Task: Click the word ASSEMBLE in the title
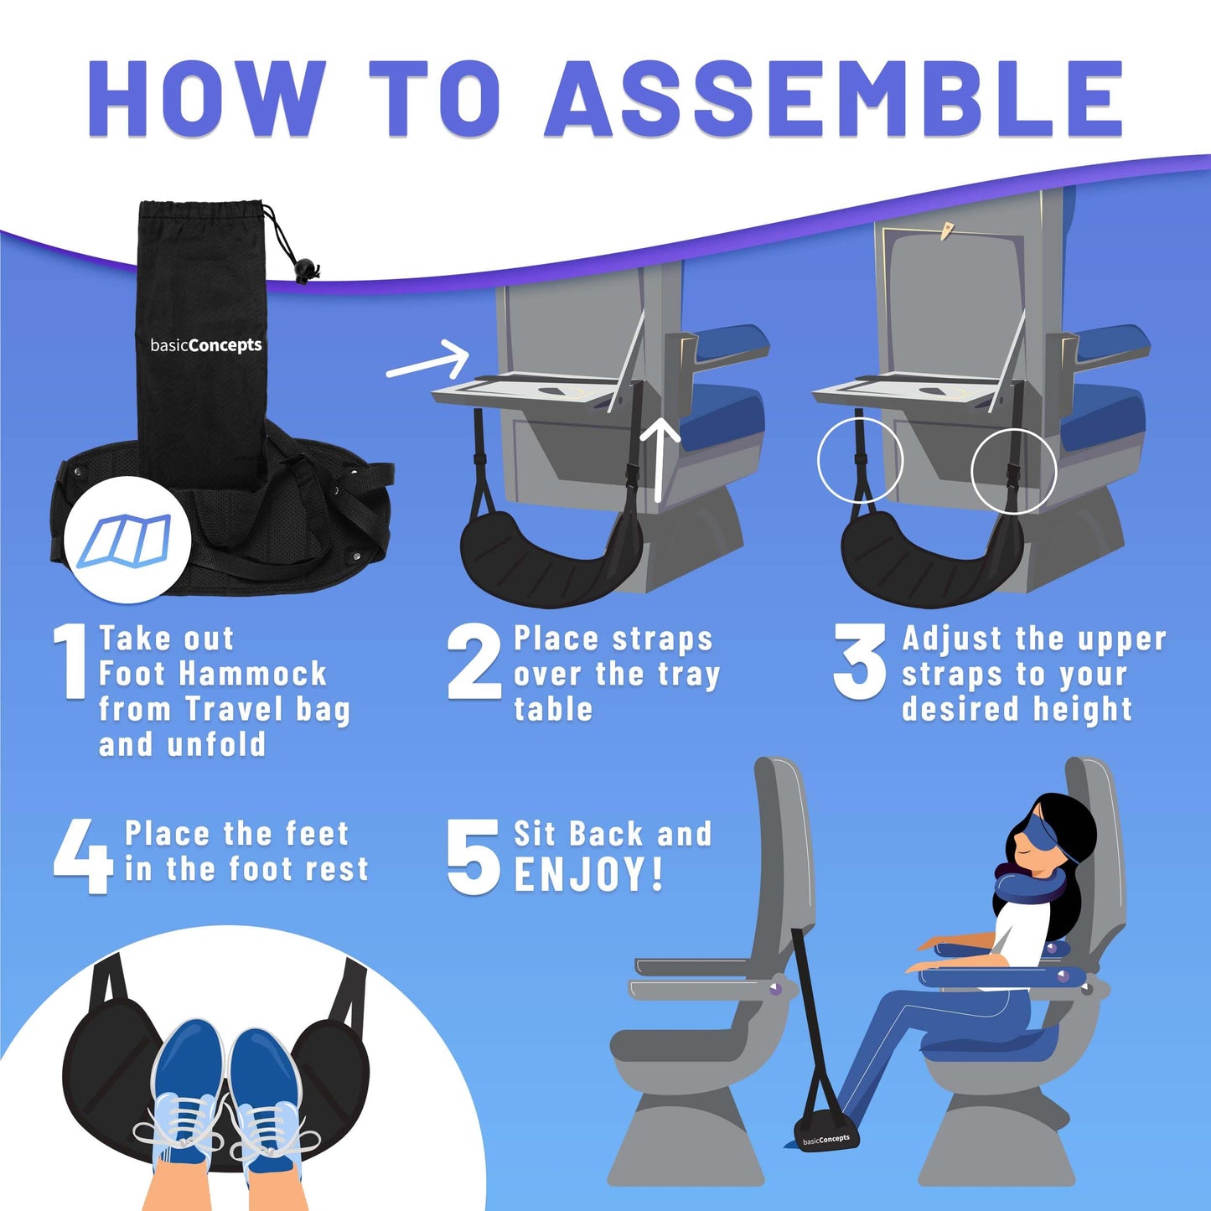click(835, 98)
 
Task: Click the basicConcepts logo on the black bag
click(205, 344)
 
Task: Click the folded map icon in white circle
click(129, 539)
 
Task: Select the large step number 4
click(82, 856)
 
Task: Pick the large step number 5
click(474, 856)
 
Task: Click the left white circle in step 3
click(860, 459)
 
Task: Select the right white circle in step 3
click(1013, 471)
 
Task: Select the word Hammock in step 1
click(253, 674)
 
